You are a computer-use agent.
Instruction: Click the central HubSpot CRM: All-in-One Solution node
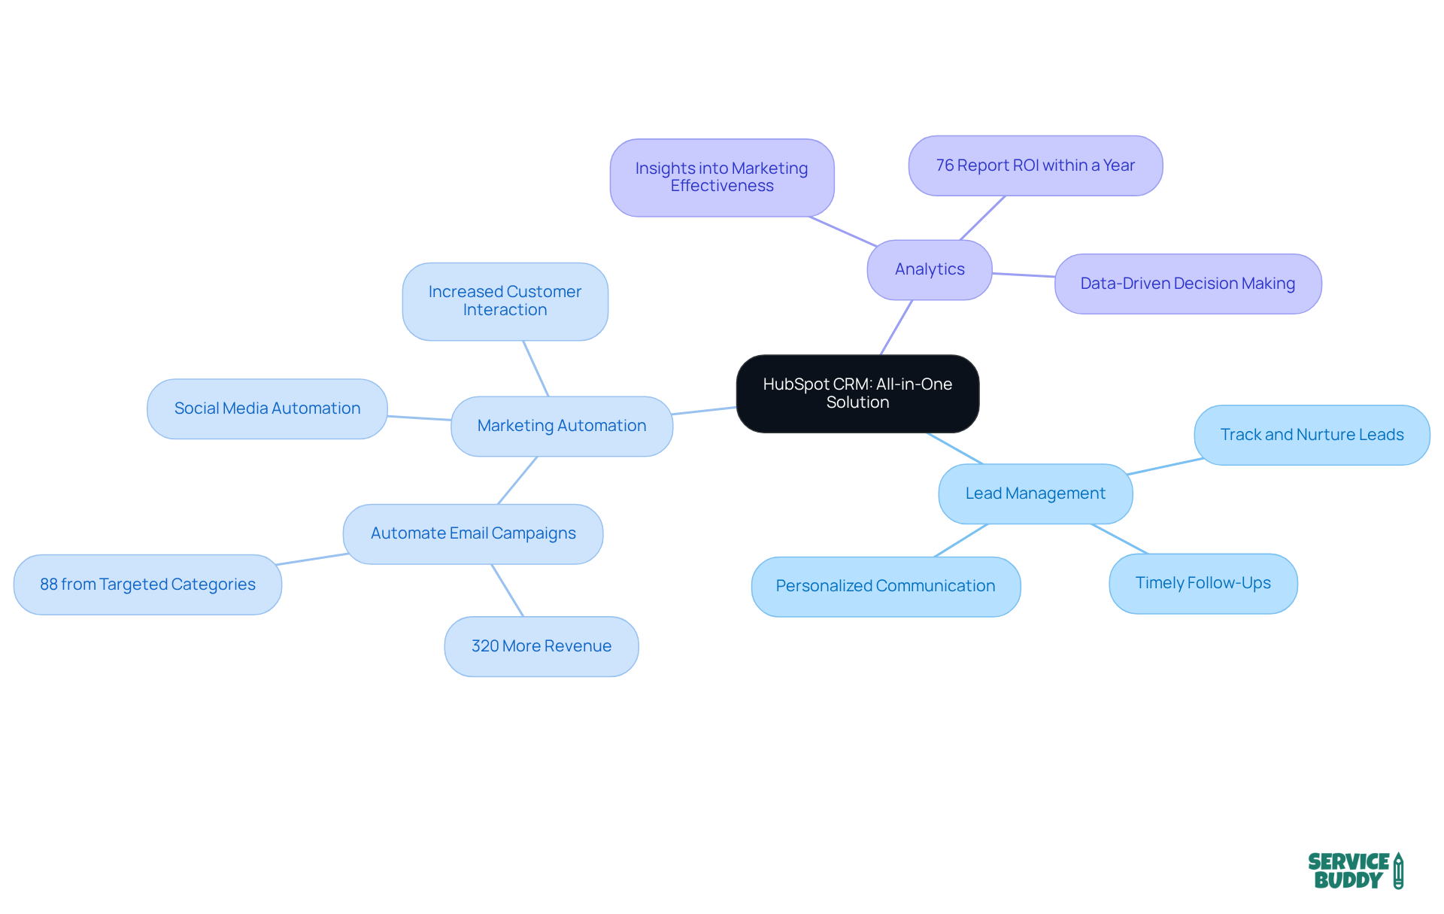(x=857, y=393)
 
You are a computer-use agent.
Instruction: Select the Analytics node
(x=930, y=269)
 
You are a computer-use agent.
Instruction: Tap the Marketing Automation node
(x=562, y=426)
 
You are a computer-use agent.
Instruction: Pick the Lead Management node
(x=1035, y=493)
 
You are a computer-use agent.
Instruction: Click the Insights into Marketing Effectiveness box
(x=721, y=178)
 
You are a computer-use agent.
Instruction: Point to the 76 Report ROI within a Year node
(x=1035, y=165)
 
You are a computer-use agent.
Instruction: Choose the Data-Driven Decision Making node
(x=1188, y=284)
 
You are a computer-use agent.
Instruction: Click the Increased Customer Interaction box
(x=505, y=301)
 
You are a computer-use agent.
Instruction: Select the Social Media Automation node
(x=267, y=408)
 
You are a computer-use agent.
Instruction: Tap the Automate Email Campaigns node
(x=473, y=533)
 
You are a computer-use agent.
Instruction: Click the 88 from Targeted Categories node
(x=147, y=585)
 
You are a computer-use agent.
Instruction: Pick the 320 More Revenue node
(x=541, y=646)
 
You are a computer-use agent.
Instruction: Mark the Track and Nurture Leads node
(x=1312, y=435)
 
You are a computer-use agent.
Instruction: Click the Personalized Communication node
(x=885, y=586)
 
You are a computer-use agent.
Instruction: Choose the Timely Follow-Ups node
(x=1203, y=583)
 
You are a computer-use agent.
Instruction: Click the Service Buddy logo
(x=1355, y=870)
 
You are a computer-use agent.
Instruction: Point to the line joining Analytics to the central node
(x=896, y=327)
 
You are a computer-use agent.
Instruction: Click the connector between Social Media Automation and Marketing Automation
(x=419, y=418)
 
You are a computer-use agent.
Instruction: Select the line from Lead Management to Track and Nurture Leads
(x=1164, y=466)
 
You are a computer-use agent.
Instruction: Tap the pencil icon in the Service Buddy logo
(x=1398, y=870)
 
